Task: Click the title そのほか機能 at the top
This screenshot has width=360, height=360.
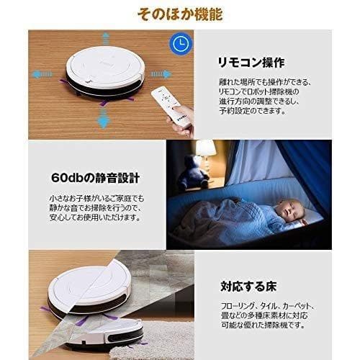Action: pyautogui.click(x=179, y=13)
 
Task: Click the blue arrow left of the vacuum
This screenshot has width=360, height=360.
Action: pyautogui.click(x=41, y=73)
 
